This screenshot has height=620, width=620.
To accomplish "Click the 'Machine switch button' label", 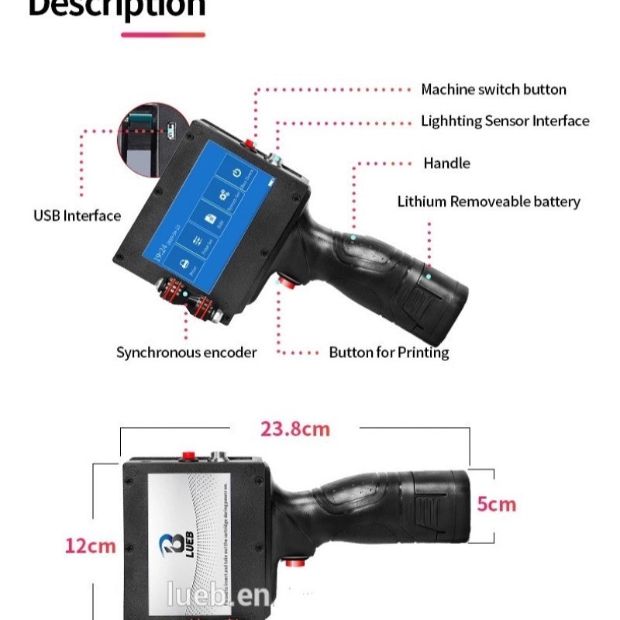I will (493, 90).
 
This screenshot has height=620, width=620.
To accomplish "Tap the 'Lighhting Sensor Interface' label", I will (505, 121).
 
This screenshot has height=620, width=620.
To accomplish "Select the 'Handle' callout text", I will (446, 164).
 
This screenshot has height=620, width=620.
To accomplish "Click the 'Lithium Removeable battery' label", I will (488, 202).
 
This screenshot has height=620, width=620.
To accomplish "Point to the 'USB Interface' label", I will (77, 215).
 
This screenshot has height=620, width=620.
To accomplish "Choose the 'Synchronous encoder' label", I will (186, 353).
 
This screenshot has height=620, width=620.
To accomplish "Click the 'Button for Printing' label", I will (388, 353).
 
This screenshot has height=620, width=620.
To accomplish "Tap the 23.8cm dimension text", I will (294, 429).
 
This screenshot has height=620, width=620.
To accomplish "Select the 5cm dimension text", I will (496, 505).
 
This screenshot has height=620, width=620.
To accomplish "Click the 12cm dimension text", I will (90, 546).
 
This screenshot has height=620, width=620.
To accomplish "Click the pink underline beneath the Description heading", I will (164, 35).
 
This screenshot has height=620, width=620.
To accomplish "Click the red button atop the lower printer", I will (188, 456).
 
